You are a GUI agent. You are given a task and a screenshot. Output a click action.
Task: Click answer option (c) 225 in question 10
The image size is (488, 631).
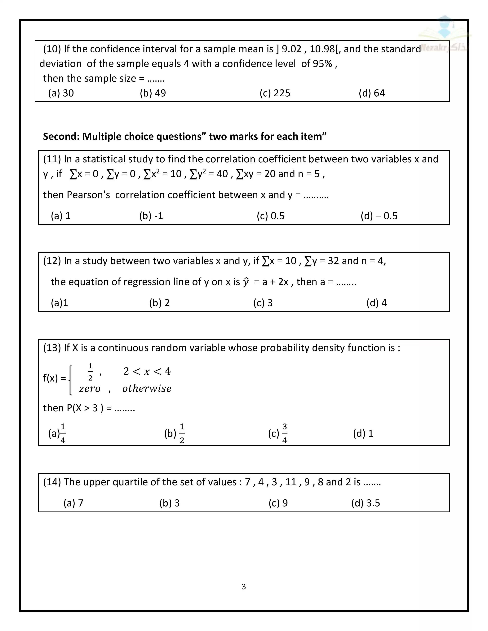click(x=275, y=93)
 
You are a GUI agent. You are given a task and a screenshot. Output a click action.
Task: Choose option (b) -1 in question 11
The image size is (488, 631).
click(x=151, y=216)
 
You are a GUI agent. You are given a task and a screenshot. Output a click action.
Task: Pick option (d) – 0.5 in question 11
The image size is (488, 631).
click(x=379, y=216)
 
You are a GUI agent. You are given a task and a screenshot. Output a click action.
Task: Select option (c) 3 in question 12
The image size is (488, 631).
click(x=263, y=303)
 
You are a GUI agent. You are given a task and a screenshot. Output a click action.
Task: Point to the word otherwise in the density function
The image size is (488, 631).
click(x=147, y=388)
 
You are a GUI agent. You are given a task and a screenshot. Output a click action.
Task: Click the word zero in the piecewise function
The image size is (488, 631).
click(x=90, y=388)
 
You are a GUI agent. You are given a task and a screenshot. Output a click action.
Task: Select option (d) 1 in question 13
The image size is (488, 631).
click(x=363, y=433)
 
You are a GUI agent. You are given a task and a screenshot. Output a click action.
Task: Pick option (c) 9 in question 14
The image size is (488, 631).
click(x=278, y=503)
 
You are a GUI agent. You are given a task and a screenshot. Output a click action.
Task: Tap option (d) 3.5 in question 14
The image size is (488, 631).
click(x=365, y=503)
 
